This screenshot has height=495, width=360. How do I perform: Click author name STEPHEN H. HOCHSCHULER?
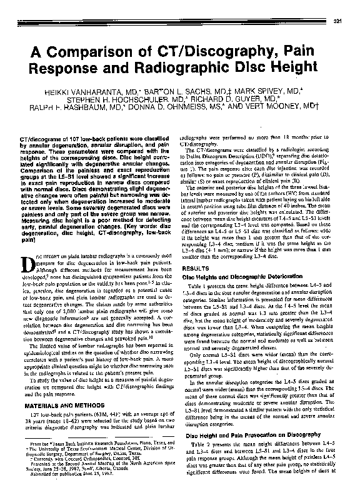coord(141,99)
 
